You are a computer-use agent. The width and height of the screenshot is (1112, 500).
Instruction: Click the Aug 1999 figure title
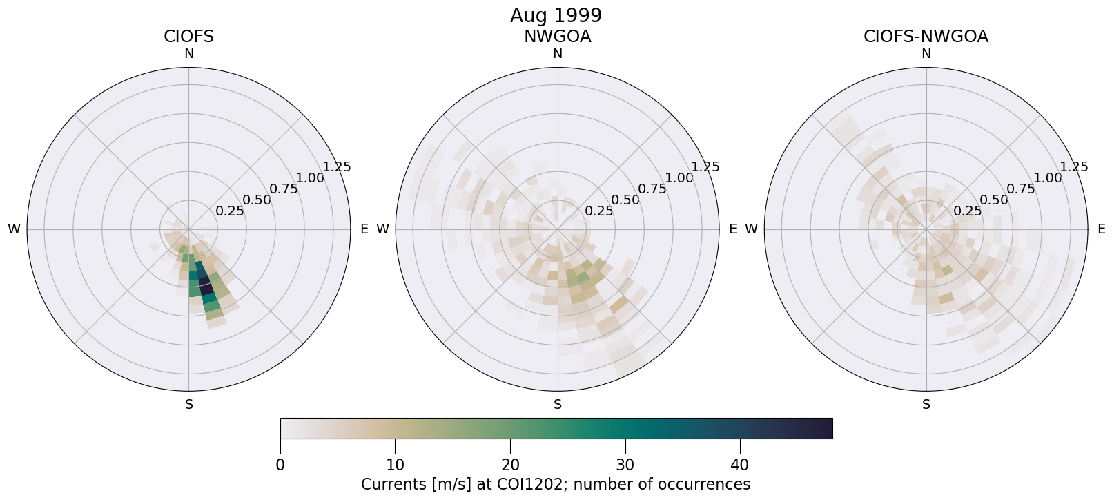coord(556,15)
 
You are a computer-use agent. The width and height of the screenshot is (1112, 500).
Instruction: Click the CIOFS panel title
coord(188,37)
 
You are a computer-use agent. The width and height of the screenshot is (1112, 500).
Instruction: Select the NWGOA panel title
coord(557,37)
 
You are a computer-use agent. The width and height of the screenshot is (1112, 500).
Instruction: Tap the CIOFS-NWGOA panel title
coord(926,37)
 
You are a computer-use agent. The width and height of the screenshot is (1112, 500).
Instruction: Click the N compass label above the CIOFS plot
coord(188,54)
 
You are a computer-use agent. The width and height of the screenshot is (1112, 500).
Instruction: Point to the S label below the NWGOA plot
coord(558,405)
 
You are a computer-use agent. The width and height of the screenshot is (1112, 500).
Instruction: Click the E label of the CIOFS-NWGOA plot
coord(1102,229)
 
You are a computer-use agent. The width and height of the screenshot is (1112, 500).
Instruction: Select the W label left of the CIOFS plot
coord(14,229)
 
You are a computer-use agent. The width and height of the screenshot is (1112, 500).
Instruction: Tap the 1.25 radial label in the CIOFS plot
coord(337,166)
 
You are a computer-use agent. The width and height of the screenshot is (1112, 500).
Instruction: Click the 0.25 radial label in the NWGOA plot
coord(599,211)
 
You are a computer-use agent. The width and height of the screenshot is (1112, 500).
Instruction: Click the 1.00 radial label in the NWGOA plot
coord(679,177)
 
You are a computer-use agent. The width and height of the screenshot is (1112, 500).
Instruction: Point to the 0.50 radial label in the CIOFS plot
coord(257,200)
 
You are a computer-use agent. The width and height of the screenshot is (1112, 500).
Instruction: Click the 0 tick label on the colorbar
coord(280,465)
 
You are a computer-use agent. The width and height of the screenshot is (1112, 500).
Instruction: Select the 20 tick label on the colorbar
coord(510,465)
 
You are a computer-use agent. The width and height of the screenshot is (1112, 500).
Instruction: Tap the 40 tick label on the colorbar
coord(739,465)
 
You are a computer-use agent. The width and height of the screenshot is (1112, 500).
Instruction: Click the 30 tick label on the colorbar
coord(625,465)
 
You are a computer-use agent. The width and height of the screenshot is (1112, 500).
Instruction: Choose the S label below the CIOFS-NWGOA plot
coord(926,405)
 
